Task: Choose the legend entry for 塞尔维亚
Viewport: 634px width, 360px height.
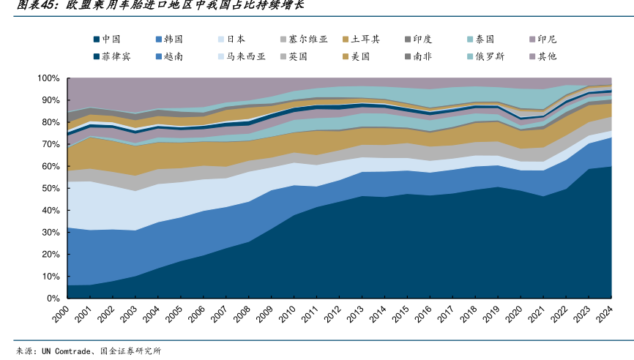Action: pyautogui.click(x=307, y=39)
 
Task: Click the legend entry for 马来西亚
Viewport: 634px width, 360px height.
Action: pyautogui.click(x=245, y=56)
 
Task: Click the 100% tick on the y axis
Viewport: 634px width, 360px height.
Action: pyautogui.click(x=48, y=78)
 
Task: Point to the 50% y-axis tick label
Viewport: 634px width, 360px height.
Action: pyautogui.click(x=51, y=188)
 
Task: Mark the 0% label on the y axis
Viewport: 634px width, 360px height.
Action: pyautogui.click(x=53, y=299)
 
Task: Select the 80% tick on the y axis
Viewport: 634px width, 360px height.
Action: pyautogui.click(x=51, y=122)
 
